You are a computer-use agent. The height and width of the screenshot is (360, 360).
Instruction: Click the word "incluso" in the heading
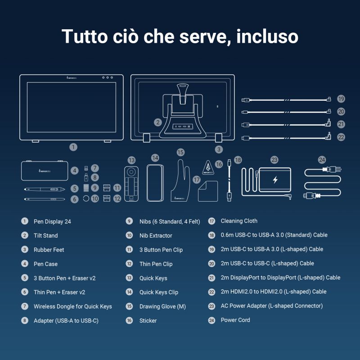click(x=267, y=36)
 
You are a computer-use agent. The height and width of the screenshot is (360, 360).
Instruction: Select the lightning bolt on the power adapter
click(x=275, y=180)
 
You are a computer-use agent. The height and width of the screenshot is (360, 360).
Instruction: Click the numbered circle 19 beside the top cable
click(x=341, y=99)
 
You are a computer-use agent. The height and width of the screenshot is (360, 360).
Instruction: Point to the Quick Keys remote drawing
click(x=131, y=184)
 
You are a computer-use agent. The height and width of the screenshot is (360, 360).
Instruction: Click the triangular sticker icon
click(x=208, y=167)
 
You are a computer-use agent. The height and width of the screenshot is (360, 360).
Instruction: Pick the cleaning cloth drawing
click(x=208, y=191)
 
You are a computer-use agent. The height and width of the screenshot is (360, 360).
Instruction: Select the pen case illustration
click(x=45, y=171)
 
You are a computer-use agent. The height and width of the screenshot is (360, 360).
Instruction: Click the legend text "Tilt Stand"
click(x=46, y=235)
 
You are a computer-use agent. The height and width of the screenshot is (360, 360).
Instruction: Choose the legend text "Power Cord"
click(x=235, y=320)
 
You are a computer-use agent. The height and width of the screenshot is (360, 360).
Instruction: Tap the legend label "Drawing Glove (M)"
click(x=162, y=306)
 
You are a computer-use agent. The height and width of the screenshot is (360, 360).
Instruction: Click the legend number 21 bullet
click(x=211, y=278)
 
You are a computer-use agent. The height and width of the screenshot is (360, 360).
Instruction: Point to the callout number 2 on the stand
click(x=158, y=122)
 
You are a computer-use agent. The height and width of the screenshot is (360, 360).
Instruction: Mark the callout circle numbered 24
click(x=322, y=160)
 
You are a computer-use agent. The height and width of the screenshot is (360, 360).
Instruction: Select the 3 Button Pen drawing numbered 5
click(x=45, y=189)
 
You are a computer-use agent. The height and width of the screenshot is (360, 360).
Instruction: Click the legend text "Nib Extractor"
click(x=156, y=235)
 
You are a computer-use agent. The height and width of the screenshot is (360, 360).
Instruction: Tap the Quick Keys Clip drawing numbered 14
click(x=155, y=183)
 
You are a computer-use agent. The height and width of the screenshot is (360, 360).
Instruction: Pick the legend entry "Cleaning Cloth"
click(x=239, y=221)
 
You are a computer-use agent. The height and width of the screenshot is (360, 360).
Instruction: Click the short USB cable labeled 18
click(x=229, y=180)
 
